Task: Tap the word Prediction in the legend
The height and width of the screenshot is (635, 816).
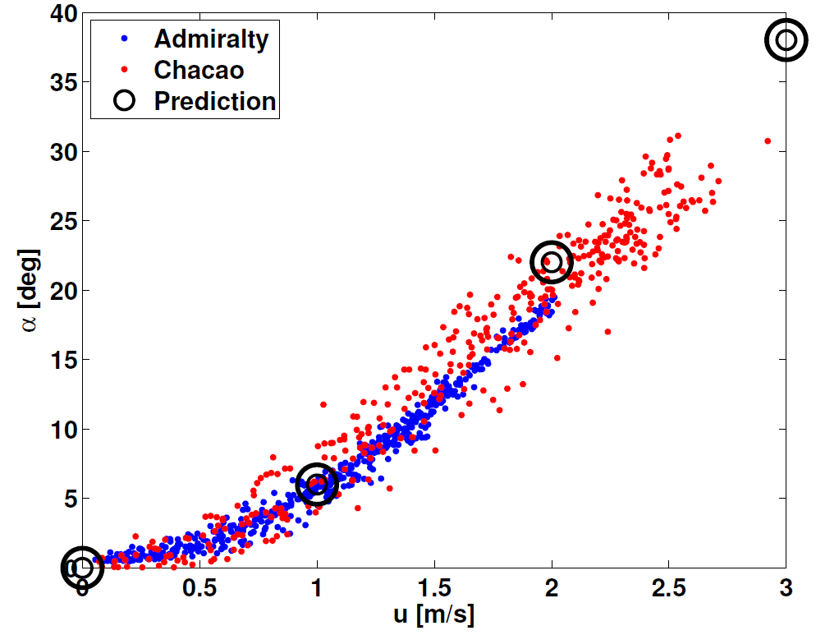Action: click(215, 101)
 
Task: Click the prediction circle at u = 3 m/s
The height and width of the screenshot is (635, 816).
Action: click(786, 39)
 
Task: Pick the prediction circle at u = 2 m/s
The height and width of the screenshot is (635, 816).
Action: click(552, 262)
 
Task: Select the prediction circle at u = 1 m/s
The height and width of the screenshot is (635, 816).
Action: click(317, 485)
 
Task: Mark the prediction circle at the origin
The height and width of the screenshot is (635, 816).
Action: click(82, 567)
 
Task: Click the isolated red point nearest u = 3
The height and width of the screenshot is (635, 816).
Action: click(768, 140)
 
